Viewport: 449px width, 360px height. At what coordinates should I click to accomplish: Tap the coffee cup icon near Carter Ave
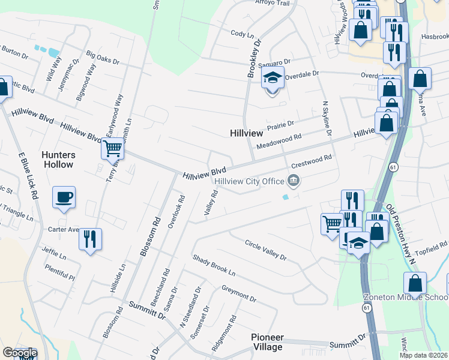[x=64, y=197]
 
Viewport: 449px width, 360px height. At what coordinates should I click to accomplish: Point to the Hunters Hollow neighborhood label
[x=58, y=160]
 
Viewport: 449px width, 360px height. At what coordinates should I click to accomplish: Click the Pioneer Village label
[x=267, y=342]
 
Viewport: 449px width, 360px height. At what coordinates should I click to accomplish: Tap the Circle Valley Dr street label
[x=266, y=250]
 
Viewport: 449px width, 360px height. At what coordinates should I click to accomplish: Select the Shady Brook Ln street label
[x=214, y=265]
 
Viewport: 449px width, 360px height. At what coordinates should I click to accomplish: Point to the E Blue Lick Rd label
[x=28, y=176]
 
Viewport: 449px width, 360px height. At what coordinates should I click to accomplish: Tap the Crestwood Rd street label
[x=311, y=161]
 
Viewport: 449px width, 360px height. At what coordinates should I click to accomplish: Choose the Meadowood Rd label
[x=277, y=142]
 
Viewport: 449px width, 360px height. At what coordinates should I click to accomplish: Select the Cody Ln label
[x=243, y=34]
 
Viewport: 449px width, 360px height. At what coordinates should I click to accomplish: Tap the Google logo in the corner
[x=20, y=353]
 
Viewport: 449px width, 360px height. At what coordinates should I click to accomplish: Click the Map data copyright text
[x=424, y=355]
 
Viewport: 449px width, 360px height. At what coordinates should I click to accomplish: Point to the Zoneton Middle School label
[x=406, y=298]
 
